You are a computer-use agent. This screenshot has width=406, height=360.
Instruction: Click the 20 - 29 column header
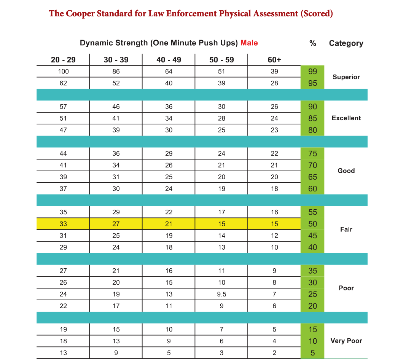(63, 60)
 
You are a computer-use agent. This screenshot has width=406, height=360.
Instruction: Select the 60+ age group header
(274, 60)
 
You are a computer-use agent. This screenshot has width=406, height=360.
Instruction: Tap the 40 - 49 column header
(169, 60)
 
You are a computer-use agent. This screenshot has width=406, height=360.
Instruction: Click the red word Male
(249, 43)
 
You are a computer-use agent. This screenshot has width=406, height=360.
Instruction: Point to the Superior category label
(346, 77)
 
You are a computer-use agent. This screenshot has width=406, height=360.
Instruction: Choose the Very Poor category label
(346, 341)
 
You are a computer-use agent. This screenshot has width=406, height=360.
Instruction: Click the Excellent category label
(346, 118)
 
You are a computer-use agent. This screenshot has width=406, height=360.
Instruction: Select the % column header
(312, 43)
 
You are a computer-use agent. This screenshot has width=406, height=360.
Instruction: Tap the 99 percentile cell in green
(312, 72)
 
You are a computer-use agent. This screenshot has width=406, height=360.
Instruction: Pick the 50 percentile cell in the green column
(312, 224)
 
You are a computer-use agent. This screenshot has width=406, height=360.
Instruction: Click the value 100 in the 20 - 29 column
(63, 72)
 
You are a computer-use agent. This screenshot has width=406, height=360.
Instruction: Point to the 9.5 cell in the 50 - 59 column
(221, 294)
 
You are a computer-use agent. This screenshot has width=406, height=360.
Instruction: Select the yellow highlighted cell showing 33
(63, 224)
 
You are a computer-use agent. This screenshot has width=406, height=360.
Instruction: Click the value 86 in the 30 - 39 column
(116, 72)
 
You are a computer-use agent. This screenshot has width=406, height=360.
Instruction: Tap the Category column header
(346, 43)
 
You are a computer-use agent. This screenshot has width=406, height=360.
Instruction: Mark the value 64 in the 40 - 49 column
(169, 72)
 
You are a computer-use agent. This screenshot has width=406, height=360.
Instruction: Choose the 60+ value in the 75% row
(274, 154)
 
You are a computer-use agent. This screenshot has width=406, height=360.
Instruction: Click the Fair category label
(346, 230)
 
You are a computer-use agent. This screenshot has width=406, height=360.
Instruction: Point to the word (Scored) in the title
(317, 14)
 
